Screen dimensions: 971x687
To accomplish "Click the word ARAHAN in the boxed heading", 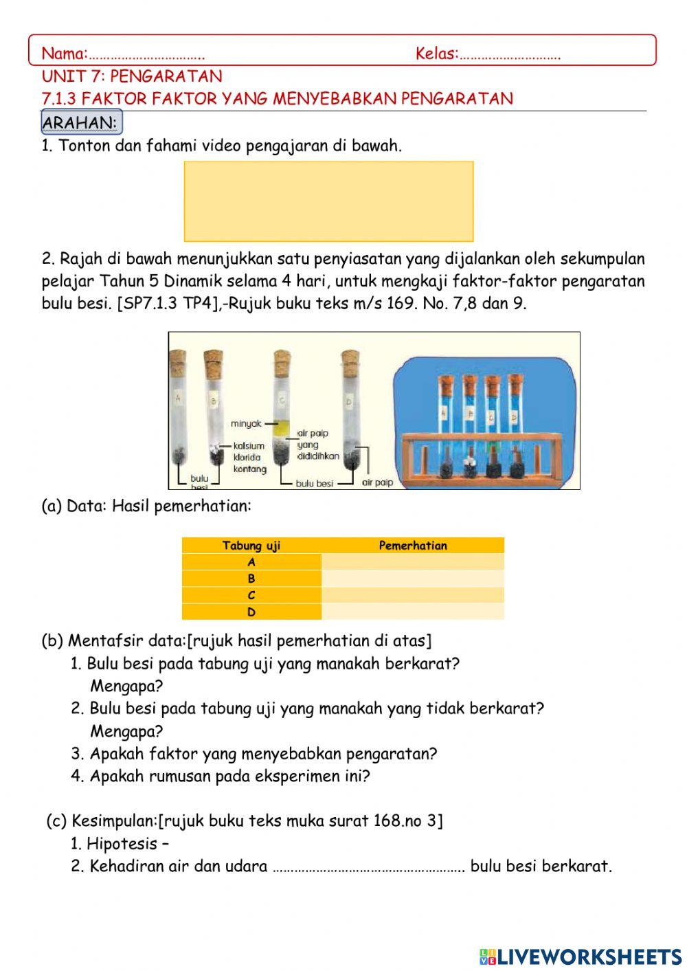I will point(79,122).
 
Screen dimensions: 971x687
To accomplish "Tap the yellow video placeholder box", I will point(328,201).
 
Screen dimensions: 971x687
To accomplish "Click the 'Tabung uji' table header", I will point(251,546).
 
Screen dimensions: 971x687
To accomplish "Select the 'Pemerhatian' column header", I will point(412,546).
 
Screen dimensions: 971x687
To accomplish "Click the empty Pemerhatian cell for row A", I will point(412,562).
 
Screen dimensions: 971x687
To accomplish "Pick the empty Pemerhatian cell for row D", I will point(412,612).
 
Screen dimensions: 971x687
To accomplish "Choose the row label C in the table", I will point(251,595).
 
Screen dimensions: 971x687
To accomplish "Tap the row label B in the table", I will point(251,579).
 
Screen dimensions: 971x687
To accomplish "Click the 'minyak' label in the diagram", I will point(246,423).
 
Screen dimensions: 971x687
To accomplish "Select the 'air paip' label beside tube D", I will point(378,482).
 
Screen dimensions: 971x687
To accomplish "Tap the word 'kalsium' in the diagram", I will point(248,446).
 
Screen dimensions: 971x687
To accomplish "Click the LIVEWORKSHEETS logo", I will point(581,956).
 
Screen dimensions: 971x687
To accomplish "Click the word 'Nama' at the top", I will point(64,53).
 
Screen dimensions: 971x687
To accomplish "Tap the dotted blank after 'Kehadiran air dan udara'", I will point(369,867).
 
